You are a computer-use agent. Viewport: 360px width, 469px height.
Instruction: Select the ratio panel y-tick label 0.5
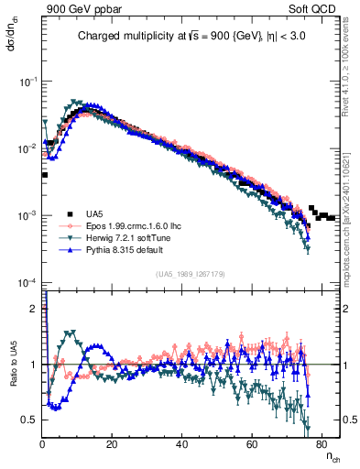(30, 420)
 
